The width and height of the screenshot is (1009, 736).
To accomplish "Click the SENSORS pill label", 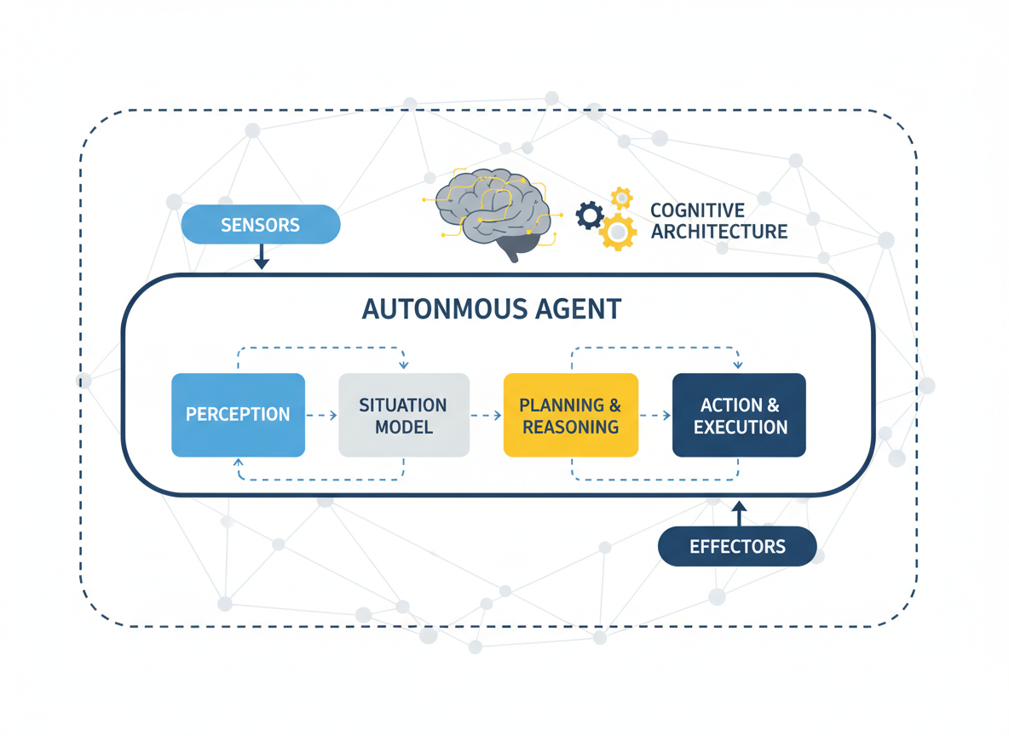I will [260, 226].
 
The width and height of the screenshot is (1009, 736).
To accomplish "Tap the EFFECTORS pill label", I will [737, 547].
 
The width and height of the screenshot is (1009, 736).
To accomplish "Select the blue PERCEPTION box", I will [238, 415].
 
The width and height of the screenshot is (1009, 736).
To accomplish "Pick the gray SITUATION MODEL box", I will [403, 415].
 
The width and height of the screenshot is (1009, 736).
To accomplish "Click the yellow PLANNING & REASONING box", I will [570, 415].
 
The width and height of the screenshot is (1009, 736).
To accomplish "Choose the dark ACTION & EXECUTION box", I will [739, 415].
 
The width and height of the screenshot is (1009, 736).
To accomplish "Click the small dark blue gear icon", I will [590, 215].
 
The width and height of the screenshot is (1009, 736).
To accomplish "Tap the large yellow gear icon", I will [619, 231].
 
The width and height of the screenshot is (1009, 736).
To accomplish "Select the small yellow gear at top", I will [622, 198].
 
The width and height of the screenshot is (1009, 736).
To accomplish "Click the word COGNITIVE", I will [697, 210].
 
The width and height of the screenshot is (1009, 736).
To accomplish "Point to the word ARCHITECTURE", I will [718, 232].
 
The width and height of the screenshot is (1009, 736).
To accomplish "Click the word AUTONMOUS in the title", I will [436, 309].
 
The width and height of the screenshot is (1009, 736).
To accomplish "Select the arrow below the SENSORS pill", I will [262, 256].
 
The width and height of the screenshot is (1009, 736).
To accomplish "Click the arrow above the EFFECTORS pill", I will [739, 514].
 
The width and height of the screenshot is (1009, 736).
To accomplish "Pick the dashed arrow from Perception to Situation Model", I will [321, 415].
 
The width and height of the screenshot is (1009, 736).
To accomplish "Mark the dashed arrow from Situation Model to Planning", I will [486, 415].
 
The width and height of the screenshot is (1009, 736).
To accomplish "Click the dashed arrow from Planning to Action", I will [654, 415].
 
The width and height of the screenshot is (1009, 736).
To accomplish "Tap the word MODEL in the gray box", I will [403, 427].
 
